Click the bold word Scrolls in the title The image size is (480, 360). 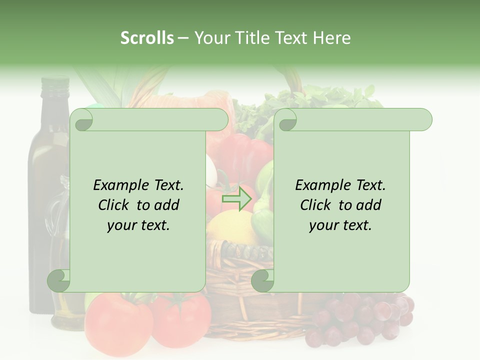147,37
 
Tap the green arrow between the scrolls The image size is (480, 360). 237,199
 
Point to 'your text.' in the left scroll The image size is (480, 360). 138,225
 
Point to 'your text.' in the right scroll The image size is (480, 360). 340,225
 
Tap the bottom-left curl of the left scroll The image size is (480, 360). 59,280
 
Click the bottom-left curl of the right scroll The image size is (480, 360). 262,280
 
